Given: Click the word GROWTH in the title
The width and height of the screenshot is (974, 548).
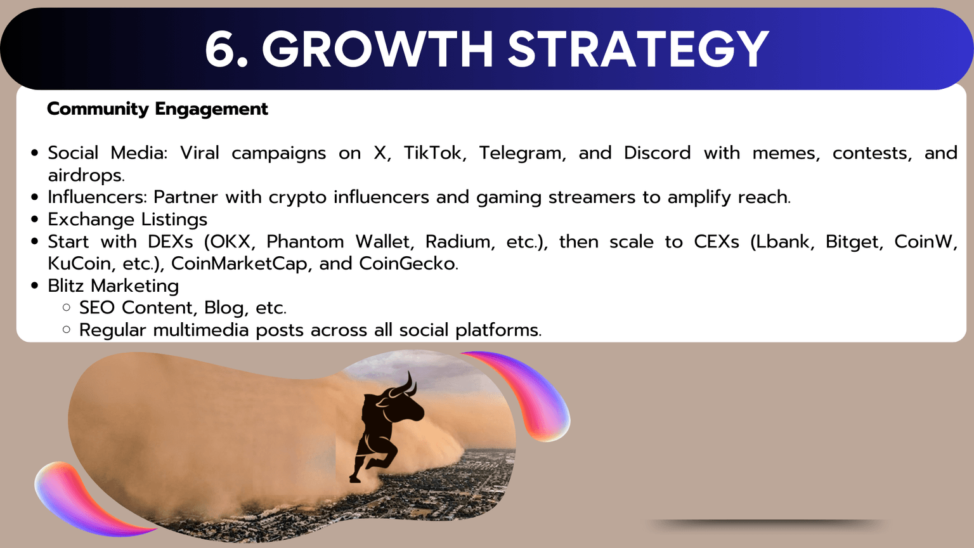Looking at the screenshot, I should (x=377, y=49).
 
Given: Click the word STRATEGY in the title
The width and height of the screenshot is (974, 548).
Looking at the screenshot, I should (x=638, y=49).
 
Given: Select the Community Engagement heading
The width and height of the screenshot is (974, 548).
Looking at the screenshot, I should (x=157, y=109).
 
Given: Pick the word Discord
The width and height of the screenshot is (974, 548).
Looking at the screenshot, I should (x=657, y=153).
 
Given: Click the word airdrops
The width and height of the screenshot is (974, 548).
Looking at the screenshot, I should (x=86, y=176).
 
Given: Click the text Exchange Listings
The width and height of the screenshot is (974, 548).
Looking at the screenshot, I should (x=127, y=219).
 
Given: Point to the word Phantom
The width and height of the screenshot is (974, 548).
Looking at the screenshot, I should (x=305, y=242).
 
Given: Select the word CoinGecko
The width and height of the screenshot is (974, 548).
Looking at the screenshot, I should (x=408, y=263).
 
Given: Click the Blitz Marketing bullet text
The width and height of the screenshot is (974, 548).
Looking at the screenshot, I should (x=113, y=286).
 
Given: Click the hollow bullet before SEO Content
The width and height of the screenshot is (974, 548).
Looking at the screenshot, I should (x=67, y=308).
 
